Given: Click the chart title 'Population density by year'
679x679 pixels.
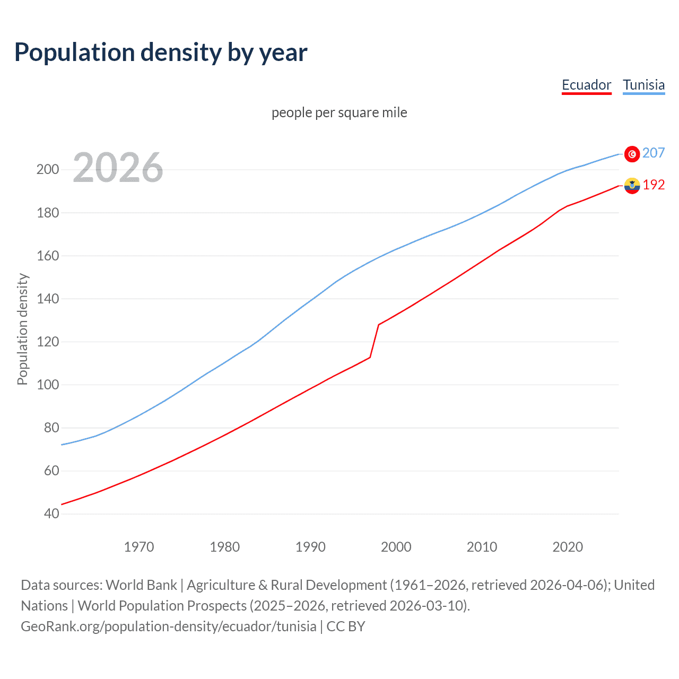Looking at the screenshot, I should coord(161,53).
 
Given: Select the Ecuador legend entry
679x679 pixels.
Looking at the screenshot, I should coord(586,85).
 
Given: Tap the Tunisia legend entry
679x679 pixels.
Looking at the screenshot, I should coord(643,85).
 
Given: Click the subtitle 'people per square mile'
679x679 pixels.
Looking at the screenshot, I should coord(339,112).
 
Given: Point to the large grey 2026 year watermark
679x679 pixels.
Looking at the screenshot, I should coord(118,168).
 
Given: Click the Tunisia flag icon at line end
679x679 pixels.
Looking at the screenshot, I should coord(632,154).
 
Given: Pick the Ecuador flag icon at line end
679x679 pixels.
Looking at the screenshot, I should coord(632,186).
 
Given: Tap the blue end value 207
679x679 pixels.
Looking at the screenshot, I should coord(654,153).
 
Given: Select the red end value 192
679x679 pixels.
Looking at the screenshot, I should coord(654,185).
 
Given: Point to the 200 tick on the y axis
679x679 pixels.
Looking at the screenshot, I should coord(48,170).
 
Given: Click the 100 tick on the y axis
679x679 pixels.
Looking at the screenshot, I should coord(48,385).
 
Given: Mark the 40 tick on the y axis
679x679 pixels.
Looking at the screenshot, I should coord(51,513).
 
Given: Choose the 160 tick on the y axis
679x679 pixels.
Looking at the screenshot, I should coord(48,256).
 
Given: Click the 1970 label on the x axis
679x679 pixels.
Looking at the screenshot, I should coord(139,547).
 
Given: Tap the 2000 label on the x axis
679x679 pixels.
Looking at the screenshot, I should coord(396,547).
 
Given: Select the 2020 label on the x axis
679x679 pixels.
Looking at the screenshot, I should coord(568,547).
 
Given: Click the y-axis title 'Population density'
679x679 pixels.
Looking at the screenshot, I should coord(22,329).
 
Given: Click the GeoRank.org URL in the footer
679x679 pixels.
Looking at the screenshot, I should coord(169,626).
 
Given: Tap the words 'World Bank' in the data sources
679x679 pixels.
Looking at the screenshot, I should coord(141,585).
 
